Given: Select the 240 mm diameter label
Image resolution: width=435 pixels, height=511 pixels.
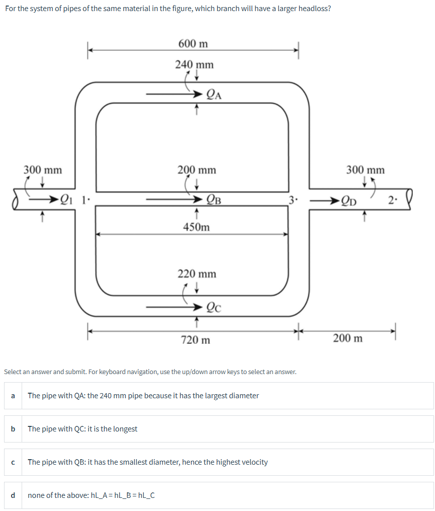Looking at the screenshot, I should (x=194, y=64).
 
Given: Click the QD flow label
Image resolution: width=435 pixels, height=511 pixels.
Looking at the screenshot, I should (x=349, y=201).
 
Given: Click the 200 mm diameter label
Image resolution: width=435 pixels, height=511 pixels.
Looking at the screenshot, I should (x=197, y=170).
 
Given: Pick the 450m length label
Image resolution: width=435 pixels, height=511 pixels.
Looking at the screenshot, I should (x=197, y=227).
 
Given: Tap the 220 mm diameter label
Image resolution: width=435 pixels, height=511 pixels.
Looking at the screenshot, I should (x=197, y=274).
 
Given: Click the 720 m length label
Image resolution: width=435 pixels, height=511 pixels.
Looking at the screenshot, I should (x=196, y=340).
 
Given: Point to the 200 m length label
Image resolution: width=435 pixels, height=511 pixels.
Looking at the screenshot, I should (x=347, y=338).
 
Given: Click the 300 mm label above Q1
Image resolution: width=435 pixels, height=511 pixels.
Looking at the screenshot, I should (x=43, y=170).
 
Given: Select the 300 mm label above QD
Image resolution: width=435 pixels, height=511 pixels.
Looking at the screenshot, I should (x=365, y=170).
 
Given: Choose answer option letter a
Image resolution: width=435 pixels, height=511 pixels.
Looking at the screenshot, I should (x=13, y=396).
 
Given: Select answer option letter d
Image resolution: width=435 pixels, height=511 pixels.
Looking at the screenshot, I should (x=13, y=495).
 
